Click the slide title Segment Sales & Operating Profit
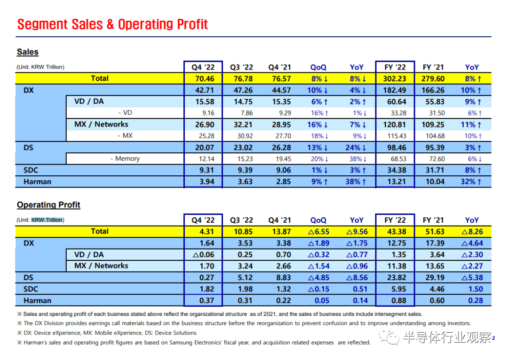[x=112, y=24]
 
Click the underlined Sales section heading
[x=28, y=52]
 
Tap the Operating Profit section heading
[x=48, y=204]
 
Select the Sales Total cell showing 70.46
[x=205, y=78]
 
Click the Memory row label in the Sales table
[x=125, y=159]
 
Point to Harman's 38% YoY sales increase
[x=356, y=181]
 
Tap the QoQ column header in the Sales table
[x=318, y=67]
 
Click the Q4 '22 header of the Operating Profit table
[x=203, y=220]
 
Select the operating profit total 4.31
[x=206, y=232]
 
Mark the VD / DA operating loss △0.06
[x=204, y=255]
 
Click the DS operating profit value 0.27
[x=206, y=277]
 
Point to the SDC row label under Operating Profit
[x=31, y=289]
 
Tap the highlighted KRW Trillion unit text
[x=47, y=220]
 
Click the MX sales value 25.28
[x=205, y=136]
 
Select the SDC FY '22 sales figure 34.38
[x=397, y=170]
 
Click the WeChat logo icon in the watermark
[x=389, y=337]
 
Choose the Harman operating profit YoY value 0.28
[x=475, y=301]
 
